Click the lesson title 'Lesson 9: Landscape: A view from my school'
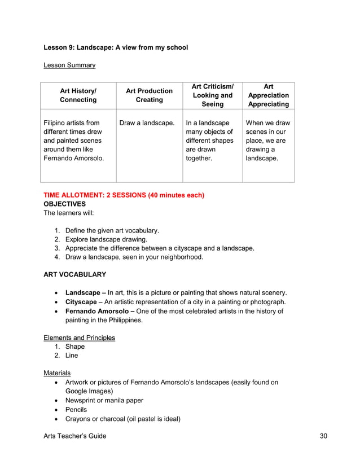tap(116, 47)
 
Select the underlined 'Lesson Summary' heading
tap(69, 65)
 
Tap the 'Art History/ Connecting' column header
tap(78, 95)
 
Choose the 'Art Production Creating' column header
tap(149, 95)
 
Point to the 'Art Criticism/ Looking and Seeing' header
tap(212, 95)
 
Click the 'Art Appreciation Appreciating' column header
tap(268, 95)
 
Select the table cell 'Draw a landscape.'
tap(147, 122)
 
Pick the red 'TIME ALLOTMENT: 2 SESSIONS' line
tap(124, 195)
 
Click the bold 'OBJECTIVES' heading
tap(65, 204)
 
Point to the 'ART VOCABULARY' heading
tap(74, 274)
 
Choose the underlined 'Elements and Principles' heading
tap(79, 337)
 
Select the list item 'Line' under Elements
tap(72, 356)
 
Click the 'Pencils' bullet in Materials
tap(76, 409)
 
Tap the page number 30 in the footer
tap(323, 436)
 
